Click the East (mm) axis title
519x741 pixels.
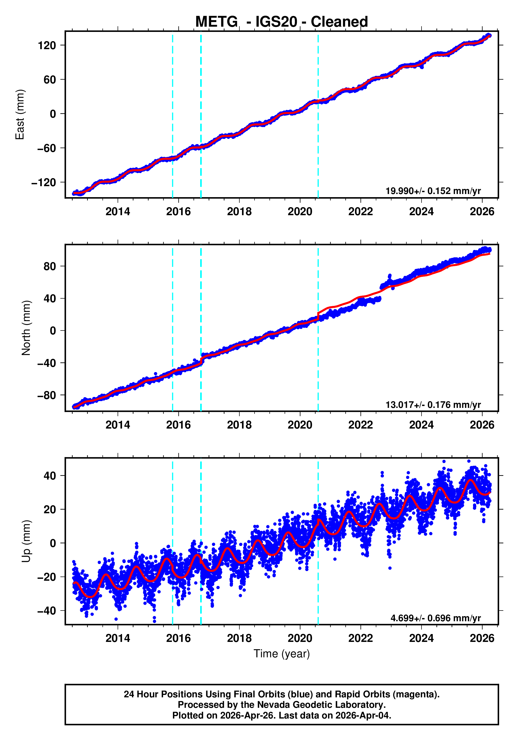(x=20, y=115)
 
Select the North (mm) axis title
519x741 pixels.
(x=26, y=328)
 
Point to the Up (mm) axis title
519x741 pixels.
(x=26, y=541)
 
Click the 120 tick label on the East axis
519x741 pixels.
(x=47, y=45)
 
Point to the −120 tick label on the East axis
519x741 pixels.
(x=44, y=183)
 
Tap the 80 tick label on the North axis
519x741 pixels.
(x=50, y=267)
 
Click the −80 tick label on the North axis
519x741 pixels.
(x=47, y=395)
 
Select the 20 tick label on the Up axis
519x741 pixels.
(x=50, y=510)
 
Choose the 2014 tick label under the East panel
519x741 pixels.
(x=118, y=212)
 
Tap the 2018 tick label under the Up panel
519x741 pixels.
(x=239, y=638)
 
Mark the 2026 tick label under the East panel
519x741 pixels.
(x=482, y=212)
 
